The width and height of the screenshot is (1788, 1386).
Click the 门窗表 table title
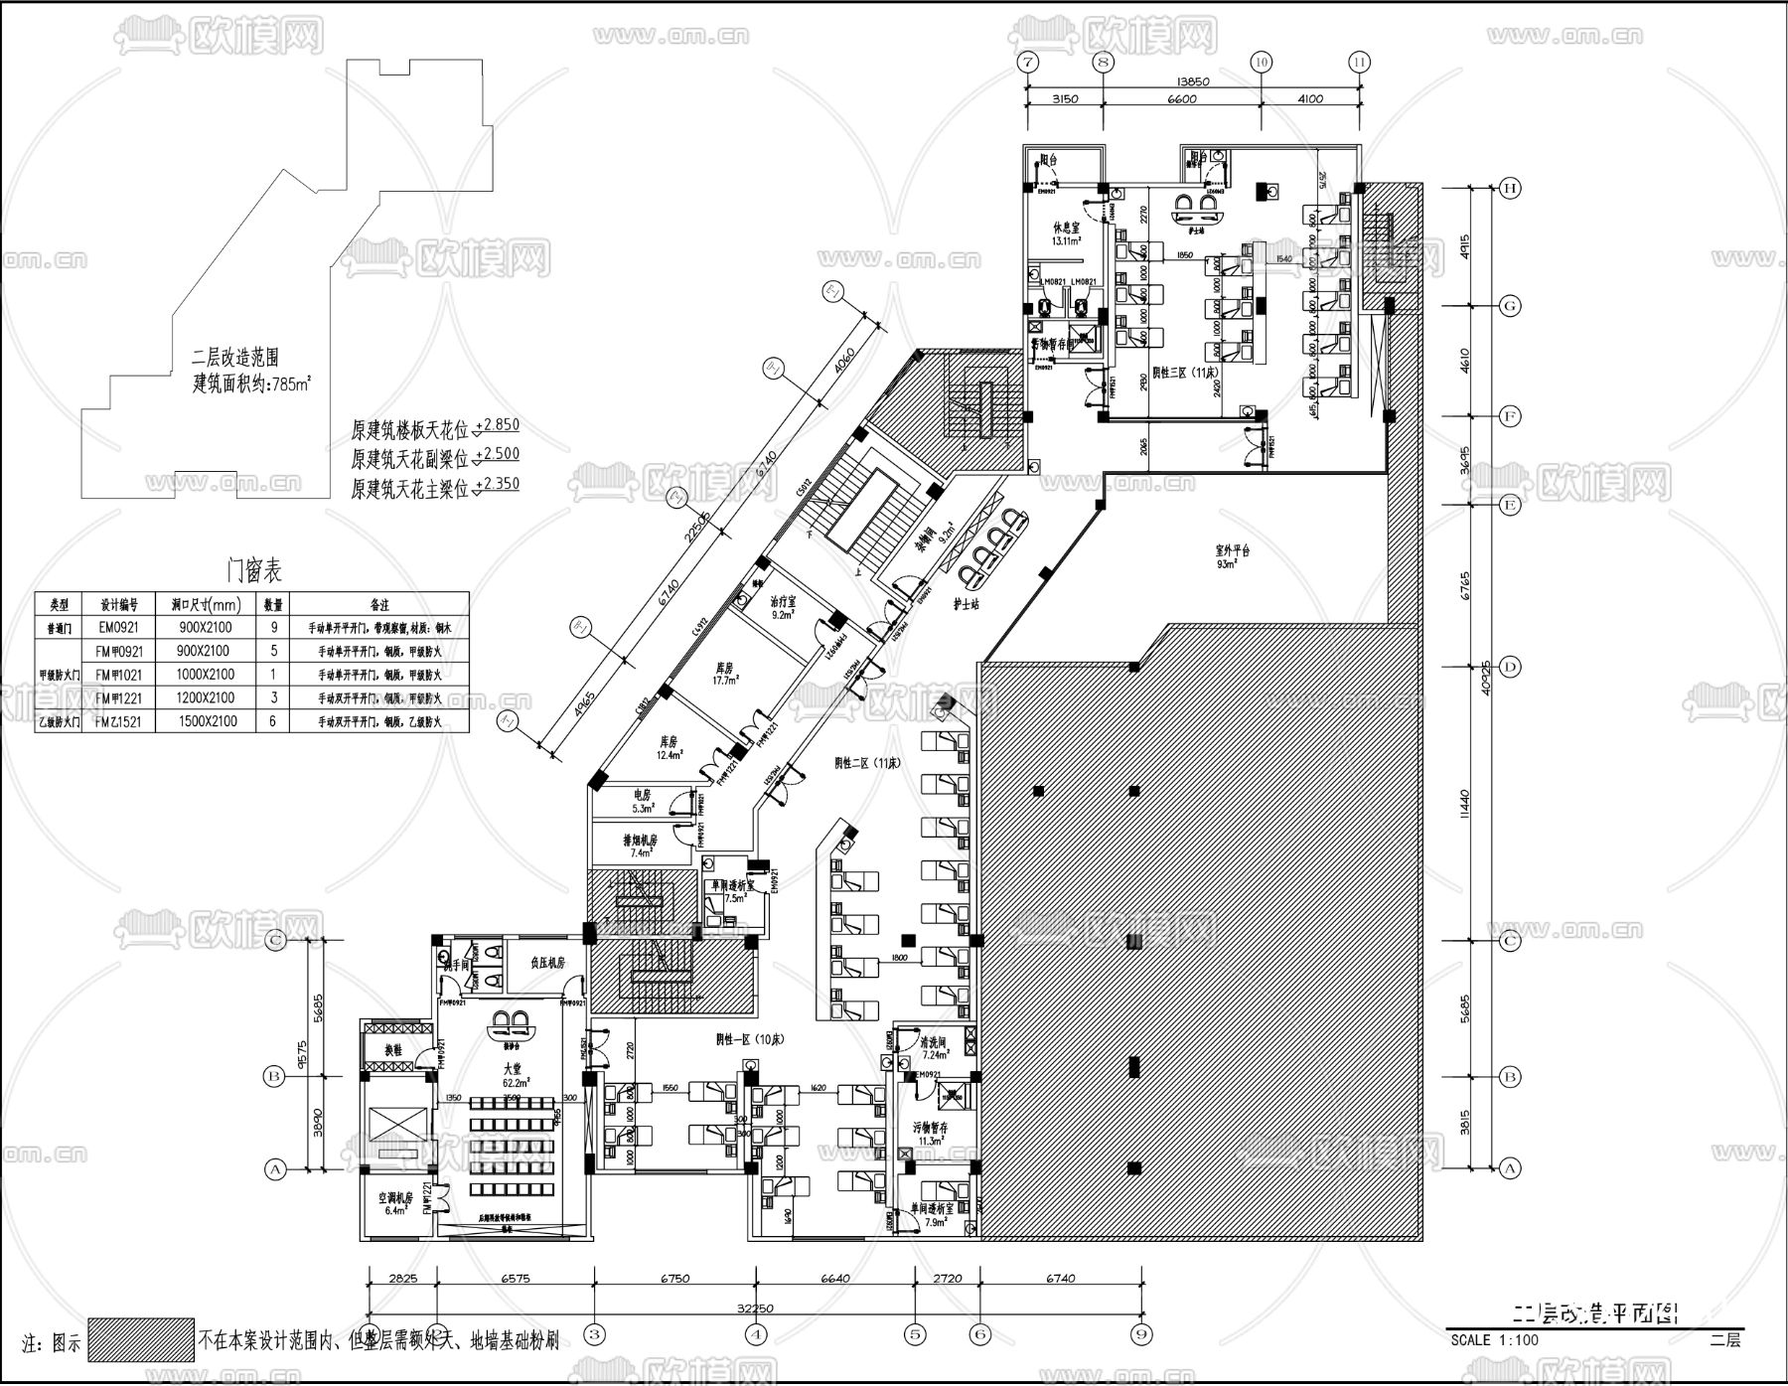coord(254,570)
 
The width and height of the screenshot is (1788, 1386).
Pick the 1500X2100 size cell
coord(206,721)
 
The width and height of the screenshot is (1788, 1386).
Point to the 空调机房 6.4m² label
coord(393,1204)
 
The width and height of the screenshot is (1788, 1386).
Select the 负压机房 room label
coord(546,963)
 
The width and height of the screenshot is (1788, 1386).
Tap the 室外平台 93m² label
coord(1232,556)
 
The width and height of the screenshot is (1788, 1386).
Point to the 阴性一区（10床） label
coord(750,1039)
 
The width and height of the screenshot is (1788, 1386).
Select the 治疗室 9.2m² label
coord(784,608)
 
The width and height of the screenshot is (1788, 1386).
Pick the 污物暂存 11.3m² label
coord(931,1135)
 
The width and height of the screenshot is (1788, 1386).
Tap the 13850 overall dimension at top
coord(1192,81)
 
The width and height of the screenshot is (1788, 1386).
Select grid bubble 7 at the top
coord(1027,62)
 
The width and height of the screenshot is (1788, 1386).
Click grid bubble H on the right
coord(1510,189)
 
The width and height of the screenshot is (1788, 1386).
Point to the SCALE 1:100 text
coord(1495,1339)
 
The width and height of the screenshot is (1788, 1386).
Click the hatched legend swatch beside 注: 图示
coord(140,1340)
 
